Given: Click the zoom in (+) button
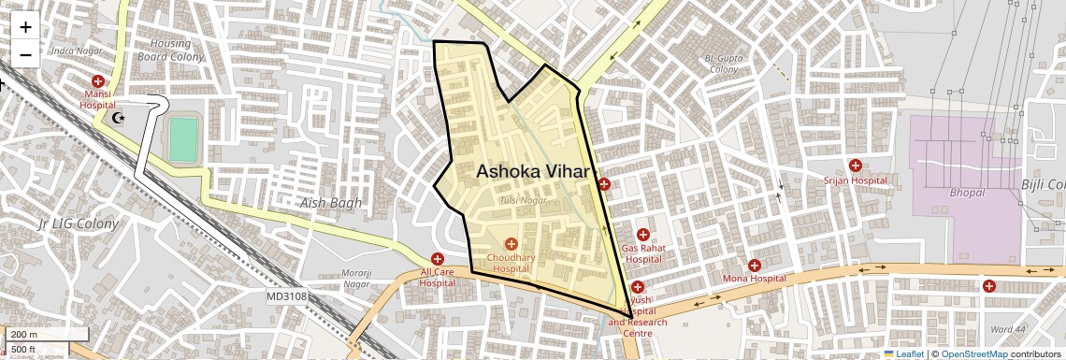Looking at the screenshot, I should tap(25, 27).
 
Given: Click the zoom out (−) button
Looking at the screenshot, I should tap(25, 55).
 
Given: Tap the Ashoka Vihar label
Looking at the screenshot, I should tap(533, 172).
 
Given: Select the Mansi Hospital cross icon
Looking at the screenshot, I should tap(99, 81).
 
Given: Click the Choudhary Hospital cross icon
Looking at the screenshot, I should tap(511, 244).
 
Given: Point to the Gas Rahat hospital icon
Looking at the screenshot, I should tap(642, 235).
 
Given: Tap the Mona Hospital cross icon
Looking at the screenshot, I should tap(754, 266).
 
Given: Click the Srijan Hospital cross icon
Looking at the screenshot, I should tap(855, 166).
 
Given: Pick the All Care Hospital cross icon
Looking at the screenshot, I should tap(437, 259).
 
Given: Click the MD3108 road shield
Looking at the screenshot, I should tap(286, 296).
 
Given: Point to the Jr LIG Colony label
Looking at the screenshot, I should tap(78, 224).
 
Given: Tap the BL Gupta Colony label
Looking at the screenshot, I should tap(724, 64).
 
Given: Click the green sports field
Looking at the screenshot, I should tap(184, 140).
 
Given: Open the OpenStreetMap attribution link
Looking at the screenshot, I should tap(973, 354).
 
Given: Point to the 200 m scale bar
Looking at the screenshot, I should tap(47, 335).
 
